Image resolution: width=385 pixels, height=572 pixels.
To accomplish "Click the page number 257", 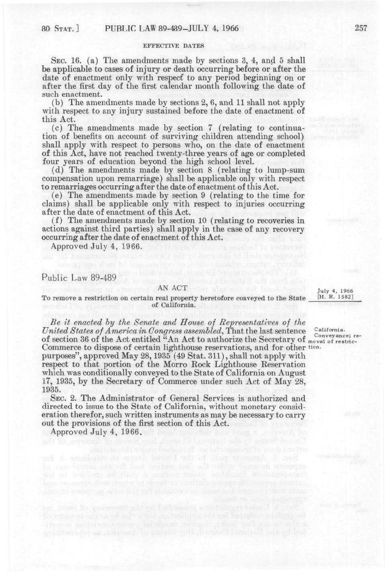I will [x=361, y=28].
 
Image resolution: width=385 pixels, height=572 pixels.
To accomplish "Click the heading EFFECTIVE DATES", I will [x=174, y=46].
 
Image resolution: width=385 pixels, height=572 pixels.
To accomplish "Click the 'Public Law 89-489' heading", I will [x=79, y=278].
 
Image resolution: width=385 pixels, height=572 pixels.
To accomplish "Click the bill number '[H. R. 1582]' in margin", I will [x=336, y=297].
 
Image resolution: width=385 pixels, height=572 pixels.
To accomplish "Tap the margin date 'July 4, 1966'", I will [x=335, y=291].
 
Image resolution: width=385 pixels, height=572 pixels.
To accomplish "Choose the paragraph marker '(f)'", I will [x=57, y=220].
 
